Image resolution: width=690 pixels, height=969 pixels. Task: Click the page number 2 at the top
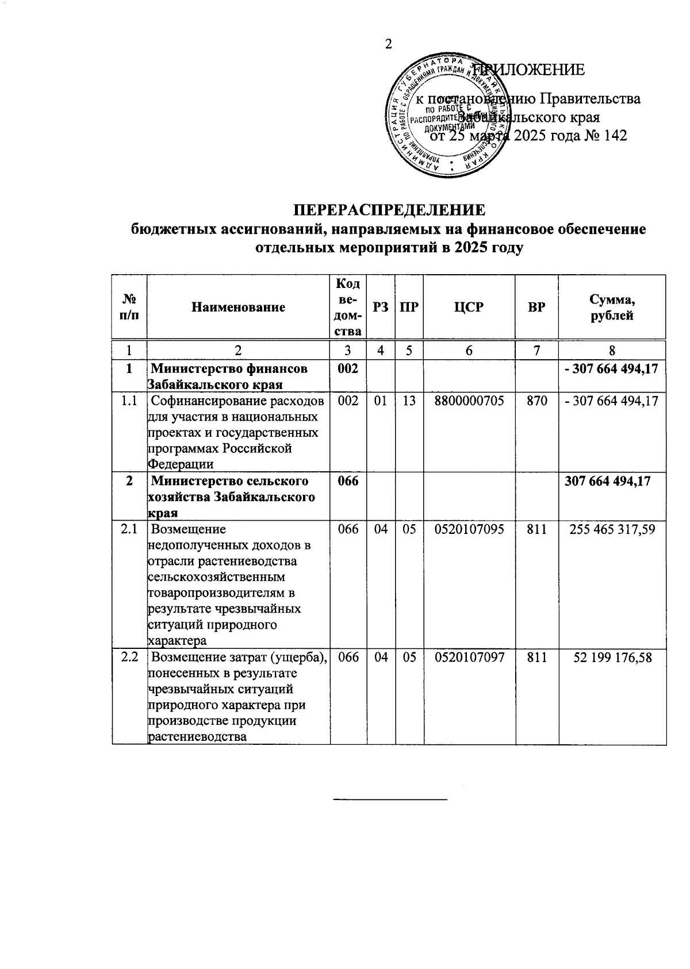(x=389, y=44)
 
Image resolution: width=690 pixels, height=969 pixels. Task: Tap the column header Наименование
(x=239, y=307)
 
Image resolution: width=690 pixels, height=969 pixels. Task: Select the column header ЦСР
(x=469, y=307)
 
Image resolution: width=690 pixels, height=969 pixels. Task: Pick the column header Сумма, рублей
(x=612, y=307)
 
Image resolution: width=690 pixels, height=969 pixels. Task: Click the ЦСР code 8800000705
(x=469, y=401)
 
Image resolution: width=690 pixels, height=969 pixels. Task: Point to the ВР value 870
(x=536, y=401)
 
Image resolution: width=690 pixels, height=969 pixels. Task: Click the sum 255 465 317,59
(x=612, y=529)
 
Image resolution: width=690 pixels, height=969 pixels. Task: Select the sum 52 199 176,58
(x=613, y=657)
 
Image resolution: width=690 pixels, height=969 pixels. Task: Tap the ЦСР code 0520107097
(x=469, y=657)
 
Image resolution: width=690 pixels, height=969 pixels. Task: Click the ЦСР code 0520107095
(x=469, y=529)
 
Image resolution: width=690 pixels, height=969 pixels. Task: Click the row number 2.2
(x=129, y=657)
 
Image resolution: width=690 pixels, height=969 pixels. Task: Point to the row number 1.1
(x=129, y=401)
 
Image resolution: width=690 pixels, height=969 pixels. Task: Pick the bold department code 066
(x=348, y=480)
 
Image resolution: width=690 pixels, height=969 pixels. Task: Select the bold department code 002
(x=348, y=368)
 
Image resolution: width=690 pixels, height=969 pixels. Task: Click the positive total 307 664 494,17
(x=608, y=480)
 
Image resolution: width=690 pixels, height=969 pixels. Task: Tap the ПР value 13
(x=409, y=401)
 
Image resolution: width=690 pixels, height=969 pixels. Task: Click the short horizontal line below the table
(x=390, y=799)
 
